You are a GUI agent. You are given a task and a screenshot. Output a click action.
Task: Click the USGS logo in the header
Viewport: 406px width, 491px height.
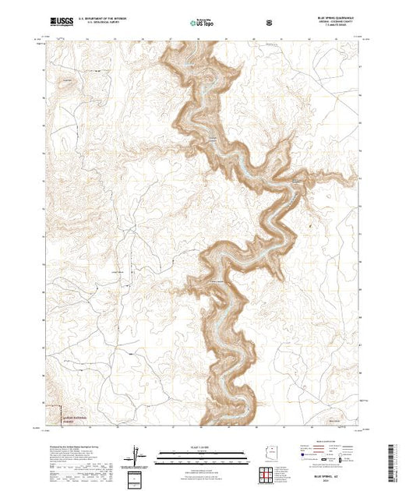click(x=61, y=22)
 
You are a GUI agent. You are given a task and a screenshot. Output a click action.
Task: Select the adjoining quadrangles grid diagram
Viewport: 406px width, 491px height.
click(x=268, y=473)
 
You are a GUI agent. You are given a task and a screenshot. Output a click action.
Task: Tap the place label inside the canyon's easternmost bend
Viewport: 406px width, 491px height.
click(x=296, y=180)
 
